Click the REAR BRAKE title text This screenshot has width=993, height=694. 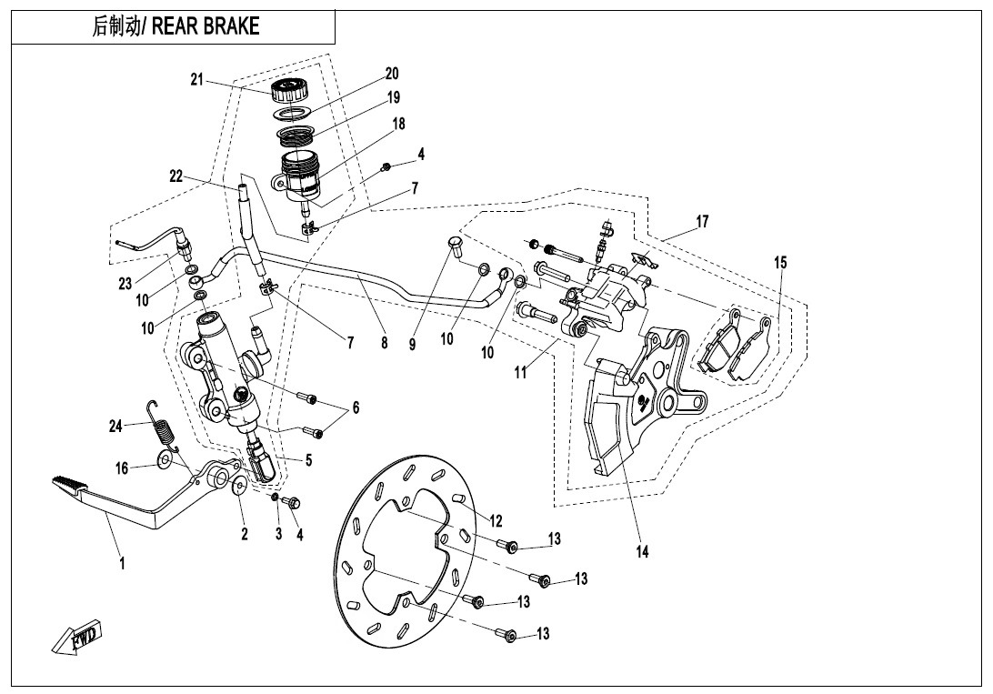click(176, 26)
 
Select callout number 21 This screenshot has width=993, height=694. click(196, 80)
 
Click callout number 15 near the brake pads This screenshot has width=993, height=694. click(780, 263)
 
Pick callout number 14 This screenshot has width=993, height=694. click(643, 551)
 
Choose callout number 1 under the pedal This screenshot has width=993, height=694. click(122, 563)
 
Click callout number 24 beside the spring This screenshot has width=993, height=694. click(115, 425)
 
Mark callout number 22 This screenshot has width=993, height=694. click(176, 176)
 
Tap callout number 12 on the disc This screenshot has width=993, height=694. click(496, 521)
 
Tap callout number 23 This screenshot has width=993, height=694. click(125, 284)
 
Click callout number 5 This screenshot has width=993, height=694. click(308, 460)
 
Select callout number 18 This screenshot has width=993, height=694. click(398, 124)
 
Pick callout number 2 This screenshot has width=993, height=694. click(245, 535)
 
